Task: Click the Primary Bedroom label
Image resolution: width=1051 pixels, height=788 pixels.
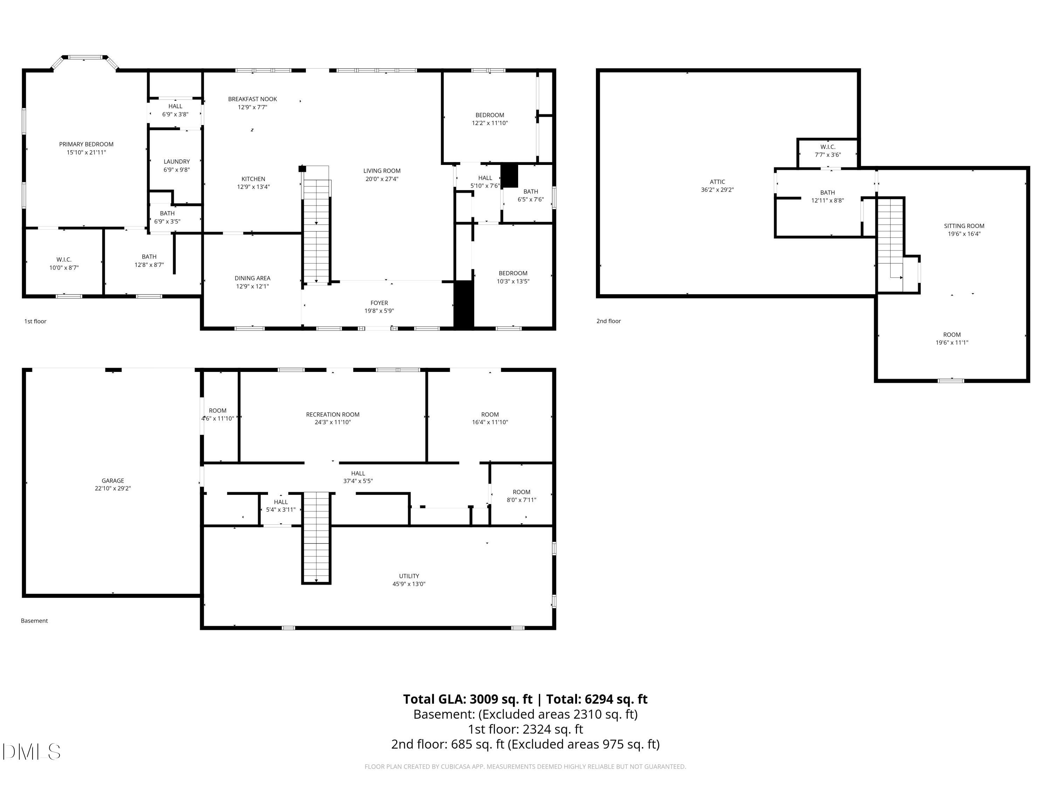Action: tap(86, 144)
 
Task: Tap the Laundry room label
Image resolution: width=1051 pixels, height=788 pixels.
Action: tap(177, 161)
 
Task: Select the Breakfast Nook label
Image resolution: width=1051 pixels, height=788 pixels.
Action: tap(252, 99)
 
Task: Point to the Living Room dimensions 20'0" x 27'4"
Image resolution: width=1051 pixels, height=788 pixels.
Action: tap(382, 179)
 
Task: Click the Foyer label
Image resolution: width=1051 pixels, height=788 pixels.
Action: tap(379, 303)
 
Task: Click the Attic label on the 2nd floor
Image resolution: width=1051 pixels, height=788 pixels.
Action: tap(717, 181)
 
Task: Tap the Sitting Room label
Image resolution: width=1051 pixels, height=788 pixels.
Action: tap(964, 226)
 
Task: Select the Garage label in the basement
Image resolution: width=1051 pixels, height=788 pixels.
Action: tap(112, 481)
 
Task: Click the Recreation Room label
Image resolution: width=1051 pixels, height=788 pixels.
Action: tap(332, 414)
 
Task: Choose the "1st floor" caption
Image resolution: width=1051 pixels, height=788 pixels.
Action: tap(35, 322)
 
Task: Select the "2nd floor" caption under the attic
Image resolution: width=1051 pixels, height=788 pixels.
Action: tap(609, 321)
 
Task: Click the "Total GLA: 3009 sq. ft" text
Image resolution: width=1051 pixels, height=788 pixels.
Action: tap(468, 699)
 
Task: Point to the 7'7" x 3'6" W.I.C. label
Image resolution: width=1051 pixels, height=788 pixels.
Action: tap(828, 151)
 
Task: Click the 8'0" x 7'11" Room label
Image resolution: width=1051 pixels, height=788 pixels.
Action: tap(521, 496)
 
